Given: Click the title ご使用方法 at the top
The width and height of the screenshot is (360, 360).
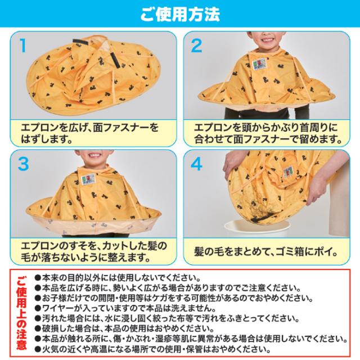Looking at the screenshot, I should point(180,12).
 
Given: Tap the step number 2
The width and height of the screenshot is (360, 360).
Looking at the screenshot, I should point(195,46).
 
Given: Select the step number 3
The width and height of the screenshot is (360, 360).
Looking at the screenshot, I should point(24,164).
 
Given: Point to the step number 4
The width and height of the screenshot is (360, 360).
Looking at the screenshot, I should point(196,164).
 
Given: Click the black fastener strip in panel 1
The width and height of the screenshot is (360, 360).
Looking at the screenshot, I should point(112,59).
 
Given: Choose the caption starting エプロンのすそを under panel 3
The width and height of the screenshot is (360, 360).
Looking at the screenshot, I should point(93,251).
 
